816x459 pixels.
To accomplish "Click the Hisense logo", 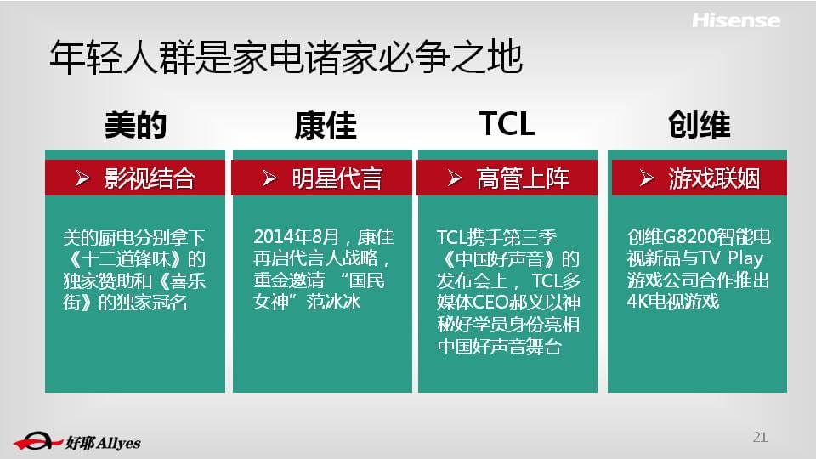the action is point(736,20).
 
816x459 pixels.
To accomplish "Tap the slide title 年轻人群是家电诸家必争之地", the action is point(286,57).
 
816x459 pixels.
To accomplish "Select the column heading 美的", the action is point(135,125).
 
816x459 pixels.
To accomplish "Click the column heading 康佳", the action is point(326,125).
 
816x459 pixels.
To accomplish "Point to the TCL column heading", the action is point(507,124).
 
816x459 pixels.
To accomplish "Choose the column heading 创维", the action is point(700,125).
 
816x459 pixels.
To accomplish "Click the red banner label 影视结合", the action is point(150,178).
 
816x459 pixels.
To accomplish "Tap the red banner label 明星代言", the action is point(337,178).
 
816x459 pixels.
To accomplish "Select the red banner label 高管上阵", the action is point(523,178).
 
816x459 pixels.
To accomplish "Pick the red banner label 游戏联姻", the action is point(714,178).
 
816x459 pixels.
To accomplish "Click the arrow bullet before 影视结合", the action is point(82,178).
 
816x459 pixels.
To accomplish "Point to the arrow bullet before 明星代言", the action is point(269,178).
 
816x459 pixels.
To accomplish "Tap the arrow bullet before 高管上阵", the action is point(454,178).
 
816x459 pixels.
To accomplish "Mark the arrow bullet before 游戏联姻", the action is point(646,178).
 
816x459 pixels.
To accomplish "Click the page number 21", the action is point(760,437).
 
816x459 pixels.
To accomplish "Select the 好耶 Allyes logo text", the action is point(103,443).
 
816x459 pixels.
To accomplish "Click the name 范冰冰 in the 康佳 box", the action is point(333,303).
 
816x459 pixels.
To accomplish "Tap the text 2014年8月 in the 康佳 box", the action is point(296,237).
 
